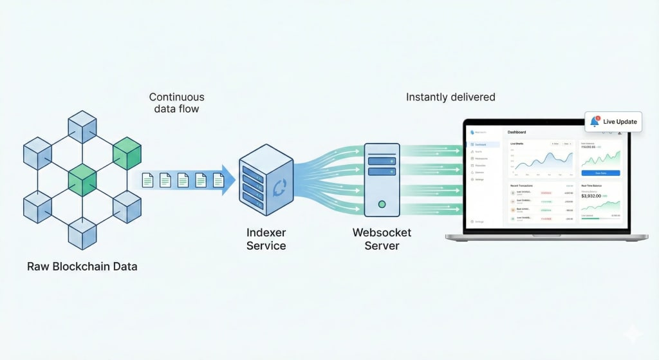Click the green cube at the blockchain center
coord(82,178)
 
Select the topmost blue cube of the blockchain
coord(82,125)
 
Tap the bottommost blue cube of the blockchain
coord(82,232)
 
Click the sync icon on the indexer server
coord(281,187)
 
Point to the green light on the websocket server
coord(382,204)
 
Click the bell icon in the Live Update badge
coord(594,122)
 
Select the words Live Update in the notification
coord(620,122)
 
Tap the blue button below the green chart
coord(600,173)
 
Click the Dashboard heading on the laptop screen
coord(517,132)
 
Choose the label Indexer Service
coord(266,239)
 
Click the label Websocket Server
coord(382,239)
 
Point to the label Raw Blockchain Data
coord(82,266)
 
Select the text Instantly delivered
coord(450,97)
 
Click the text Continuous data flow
coord(176,103)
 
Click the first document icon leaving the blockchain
coord(147,181)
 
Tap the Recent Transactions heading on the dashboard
coord(523,185)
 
